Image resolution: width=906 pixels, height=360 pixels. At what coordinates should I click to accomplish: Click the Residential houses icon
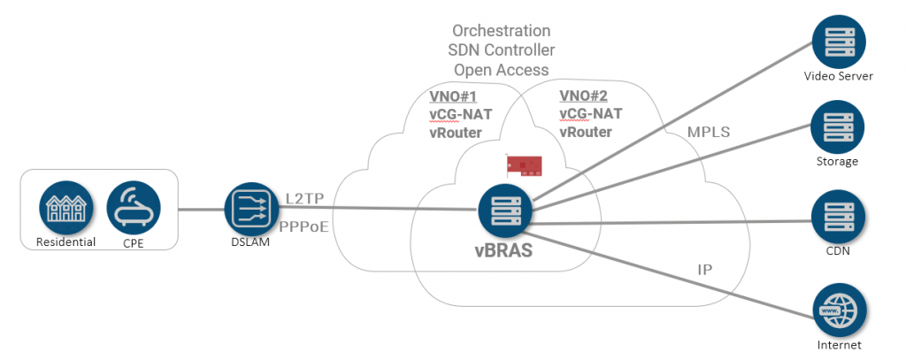coord(66,208)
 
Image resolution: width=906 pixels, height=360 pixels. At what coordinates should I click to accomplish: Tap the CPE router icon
coord(134,208)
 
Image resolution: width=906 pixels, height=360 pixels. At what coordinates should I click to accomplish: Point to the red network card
coord(525,165)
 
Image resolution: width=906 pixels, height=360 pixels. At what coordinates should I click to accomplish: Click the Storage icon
coord(838,128)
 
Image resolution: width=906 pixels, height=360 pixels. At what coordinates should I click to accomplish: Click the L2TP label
coord(305,200)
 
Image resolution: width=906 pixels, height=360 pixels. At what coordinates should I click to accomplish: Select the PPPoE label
coord(304,227)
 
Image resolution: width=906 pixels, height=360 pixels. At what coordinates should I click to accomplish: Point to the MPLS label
coord(709,132)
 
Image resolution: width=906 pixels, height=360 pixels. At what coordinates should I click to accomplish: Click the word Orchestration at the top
coord(502,31)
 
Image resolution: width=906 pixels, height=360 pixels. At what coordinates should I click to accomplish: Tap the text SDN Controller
coord(502,50)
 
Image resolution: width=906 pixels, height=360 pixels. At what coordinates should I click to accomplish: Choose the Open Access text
coord(502,70)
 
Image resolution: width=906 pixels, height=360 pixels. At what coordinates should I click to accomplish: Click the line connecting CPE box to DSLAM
coord(202,210)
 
